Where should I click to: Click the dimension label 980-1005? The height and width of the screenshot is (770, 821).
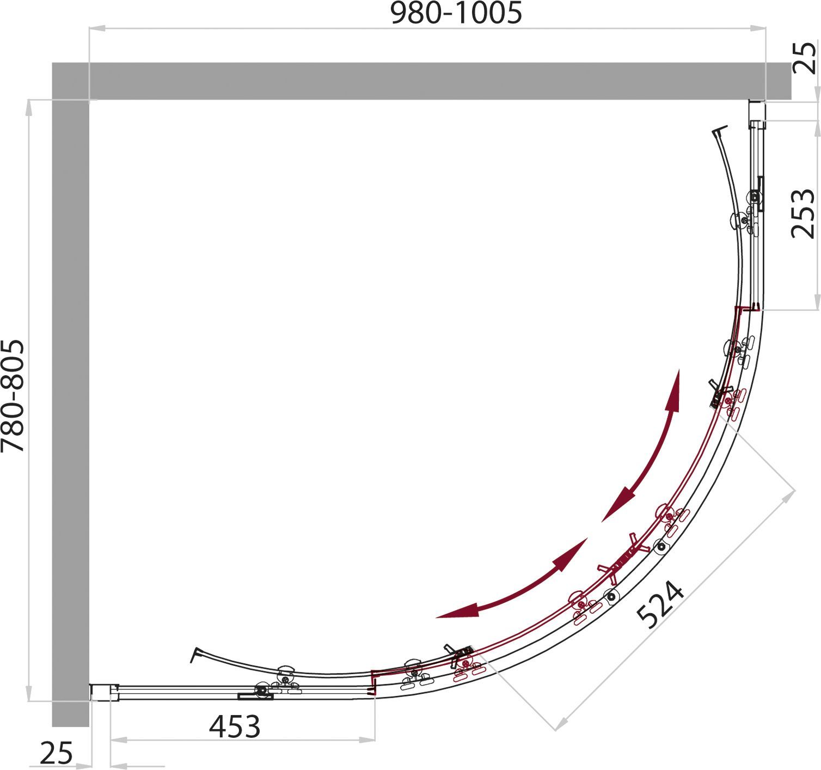tap(456, 14)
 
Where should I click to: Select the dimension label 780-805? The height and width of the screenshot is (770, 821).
tap(14, 396)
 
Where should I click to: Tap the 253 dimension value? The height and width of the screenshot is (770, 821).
tap(802, 213)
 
